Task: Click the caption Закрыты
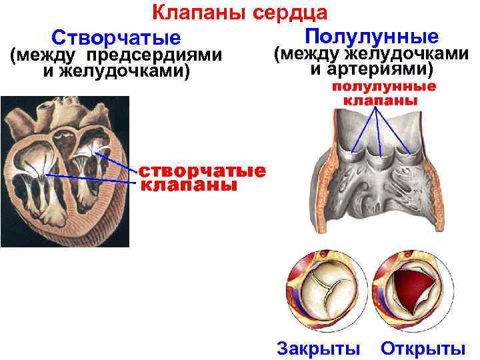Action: click(318, 348)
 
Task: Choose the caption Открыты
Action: click(423, 348)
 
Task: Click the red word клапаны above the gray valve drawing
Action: click(381, 101)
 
